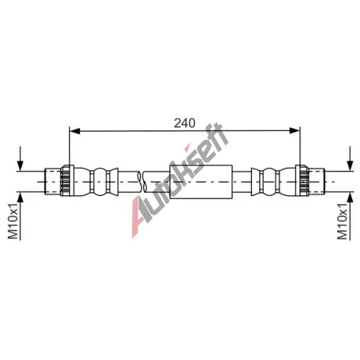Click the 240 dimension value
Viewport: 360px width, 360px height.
pyautogui.click(x=184, y=123)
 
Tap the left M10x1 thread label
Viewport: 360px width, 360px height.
pyautogui.click(x=13, y=221)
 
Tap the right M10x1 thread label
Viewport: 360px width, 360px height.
pyautogui.click(x=342, y=221)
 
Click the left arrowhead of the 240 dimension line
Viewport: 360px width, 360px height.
pyautogui.click(x=75, y=131)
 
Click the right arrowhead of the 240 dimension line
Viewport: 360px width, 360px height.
pyautogui.click(x=294, y=131)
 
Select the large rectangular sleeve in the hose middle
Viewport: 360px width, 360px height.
pyautogui.click(x=201, y=181)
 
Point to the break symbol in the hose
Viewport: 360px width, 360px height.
pyautogui.click(x=142, y=181)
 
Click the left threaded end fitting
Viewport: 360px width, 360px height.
pyautogui.click(x=53, y=181)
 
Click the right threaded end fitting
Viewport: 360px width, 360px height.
pyautogui.click(x=317, y=181)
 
